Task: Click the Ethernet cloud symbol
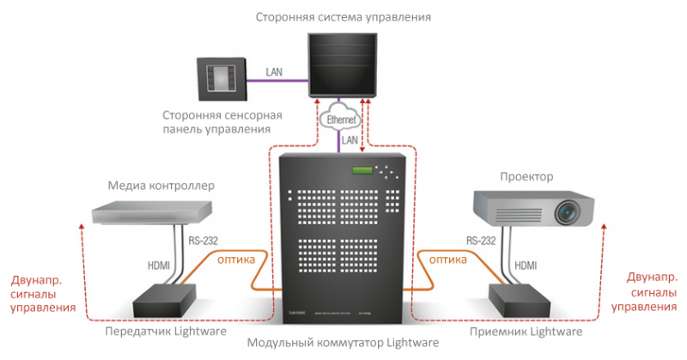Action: pos(341,119)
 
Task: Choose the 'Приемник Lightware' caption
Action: pos(527,331)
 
